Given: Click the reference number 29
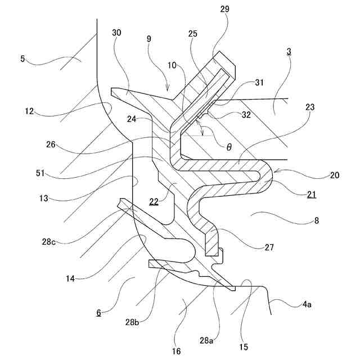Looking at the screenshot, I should pyautogui.click(x=224, y=10).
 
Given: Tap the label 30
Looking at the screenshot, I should pyautogui.click(x=116, y=33).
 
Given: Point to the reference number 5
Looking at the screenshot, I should pyautogui.click(x=23, y=58).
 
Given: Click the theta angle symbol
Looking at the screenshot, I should pyautogui.click(x=229, y=147).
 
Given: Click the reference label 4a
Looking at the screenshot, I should pyautogui.click(x=307, y=304).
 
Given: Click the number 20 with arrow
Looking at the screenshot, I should pyautogui.click(x=334, y=175).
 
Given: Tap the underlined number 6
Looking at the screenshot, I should pyautogui.click(x=99, y=313).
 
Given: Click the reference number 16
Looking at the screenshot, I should pyautogui.click(x=177, y=352).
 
